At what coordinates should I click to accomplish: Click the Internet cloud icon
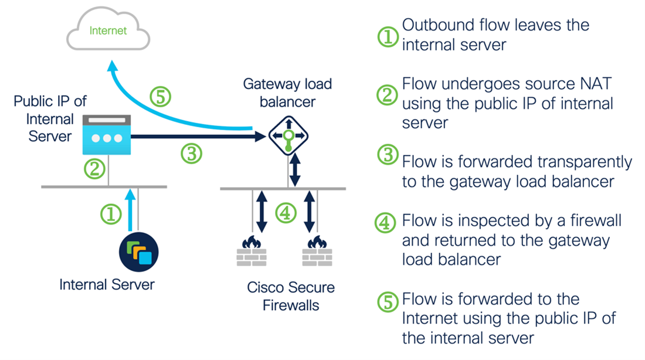[108, 30]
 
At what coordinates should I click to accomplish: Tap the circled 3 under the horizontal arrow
[191, 154]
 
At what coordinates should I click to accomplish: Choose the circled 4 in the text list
[387, 222]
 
